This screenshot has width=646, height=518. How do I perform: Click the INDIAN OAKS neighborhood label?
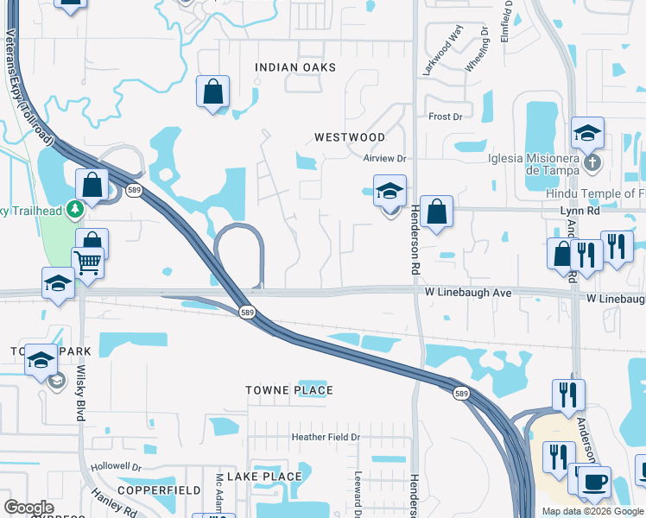294,67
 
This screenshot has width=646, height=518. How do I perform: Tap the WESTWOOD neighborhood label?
349,137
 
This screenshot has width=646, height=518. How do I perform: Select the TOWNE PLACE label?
288,390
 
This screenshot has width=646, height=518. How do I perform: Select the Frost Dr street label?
446,117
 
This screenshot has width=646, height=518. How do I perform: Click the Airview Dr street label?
384,159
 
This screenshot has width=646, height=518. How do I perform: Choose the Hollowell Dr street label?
116,465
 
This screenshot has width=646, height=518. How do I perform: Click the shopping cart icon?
87,261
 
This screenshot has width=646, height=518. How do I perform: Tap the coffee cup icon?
594,481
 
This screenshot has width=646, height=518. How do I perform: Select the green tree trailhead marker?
75,208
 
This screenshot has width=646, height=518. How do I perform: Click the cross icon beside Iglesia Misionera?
591,161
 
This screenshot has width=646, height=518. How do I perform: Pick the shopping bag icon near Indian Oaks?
212,91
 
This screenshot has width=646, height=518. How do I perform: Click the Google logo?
28,508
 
